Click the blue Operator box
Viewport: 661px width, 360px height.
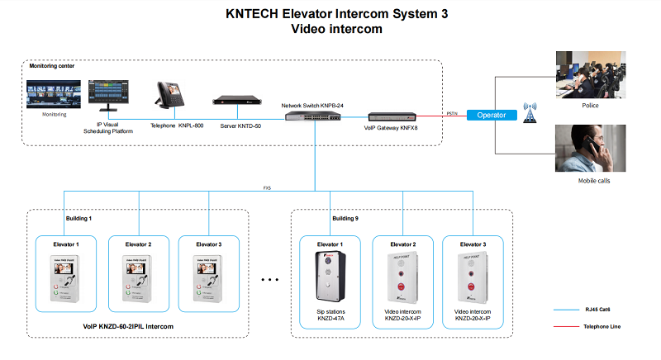click(x=492, y=115)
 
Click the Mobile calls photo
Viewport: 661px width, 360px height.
click(x=589, y=148)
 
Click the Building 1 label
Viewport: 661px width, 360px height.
click(x=78, y=219)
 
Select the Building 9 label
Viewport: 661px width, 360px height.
click(x=345, y=219)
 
